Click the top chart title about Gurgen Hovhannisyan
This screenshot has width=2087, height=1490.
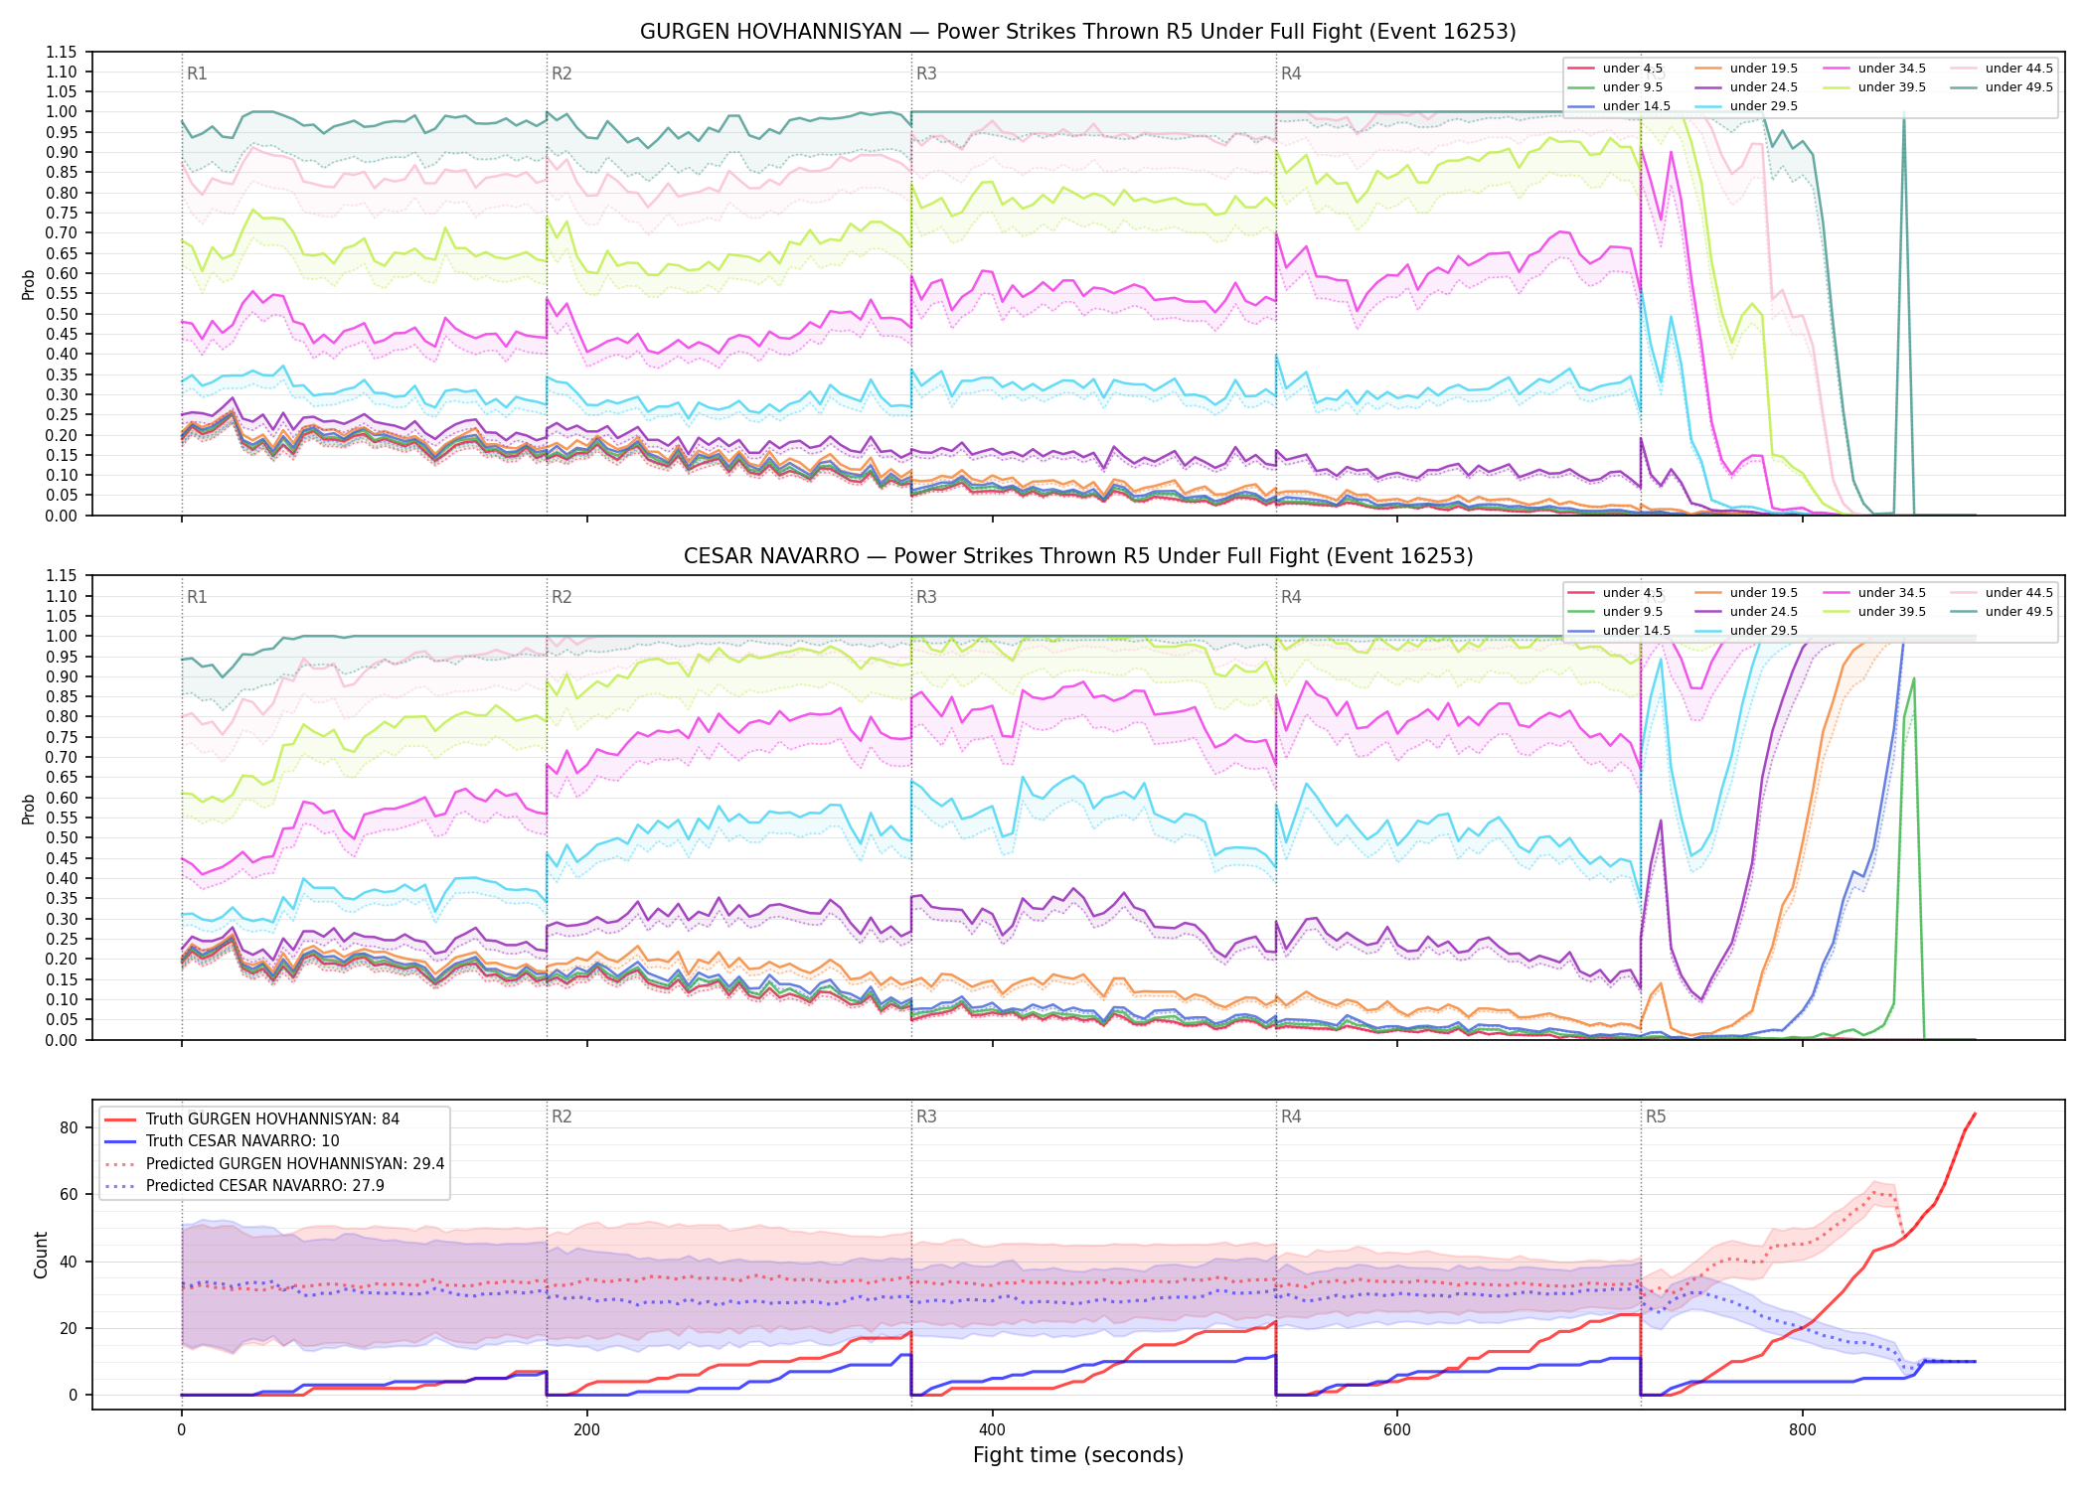pyautogui.click(x=1077, y=32)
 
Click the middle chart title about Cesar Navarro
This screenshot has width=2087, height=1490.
pyautogui.click(x=1077, y=556)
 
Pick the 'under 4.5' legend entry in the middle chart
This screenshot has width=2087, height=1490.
pyautogui.click(x=1616, y=593)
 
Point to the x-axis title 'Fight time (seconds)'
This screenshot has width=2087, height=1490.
pyautogui.click(x=1077, y=1455)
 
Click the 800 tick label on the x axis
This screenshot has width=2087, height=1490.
pyautogui.click(x=1802, y=1430)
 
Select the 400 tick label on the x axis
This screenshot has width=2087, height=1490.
pyautogui.click(x=992, y=1430)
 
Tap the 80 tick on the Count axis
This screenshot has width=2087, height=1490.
pyautogui.click(x=69, y=1127)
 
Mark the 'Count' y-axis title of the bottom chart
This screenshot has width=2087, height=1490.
pyautogui.click(x=41, y=1255)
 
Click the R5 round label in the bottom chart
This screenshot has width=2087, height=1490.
pyautogui.click(x=1656, y=1117)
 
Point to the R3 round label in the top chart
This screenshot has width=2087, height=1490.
pyautogui.click(x=926, y=74)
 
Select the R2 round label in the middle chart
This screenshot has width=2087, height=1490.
pyautogui.click(x=562, y=597)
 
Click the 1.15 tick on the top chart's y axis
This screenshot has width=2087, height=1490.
pyautogui.click(x=62, y=52)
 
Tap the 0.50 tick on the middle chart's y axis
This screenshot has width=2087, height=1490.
pyautogui.click(x=62, y=837)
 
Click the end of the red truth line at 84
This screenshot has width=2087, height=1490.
pyautogui.click(x=1975, y=1114)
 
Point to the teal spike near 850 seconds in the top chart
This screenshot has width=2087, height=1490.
pyautogui.click(x=1903, y=115)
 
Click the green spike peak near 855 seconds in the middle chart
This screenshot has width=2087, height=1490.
pyautogui.click(x=1914, y=678)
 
